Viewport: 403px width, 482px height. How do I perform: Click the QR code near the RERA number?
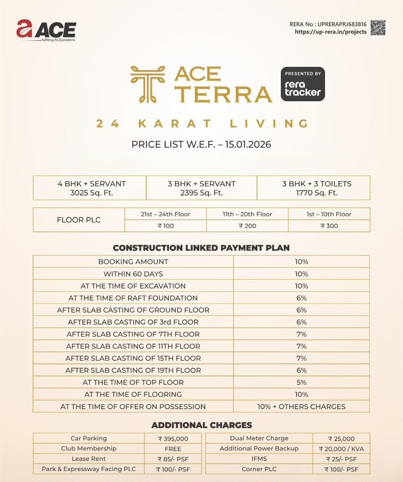pos(378,28)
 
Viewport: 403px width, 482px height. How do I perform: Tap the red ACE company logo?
pos(46,30)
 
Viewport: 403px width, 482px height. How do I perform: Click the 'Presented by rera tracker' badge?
pos(303,84)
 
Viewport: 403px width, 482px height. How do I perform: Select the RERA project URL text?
pos(330,32)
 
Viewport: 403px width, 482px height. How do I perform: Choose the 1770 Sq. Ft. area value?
pos(317,193)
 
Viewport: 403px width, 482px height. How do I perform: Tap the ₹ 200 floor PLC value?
pos(247,226)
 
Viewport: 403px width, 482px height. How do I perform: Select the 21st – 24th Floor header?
pos(165,214)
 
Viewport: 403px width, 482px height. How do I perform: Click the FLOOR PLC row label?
pos(79,220)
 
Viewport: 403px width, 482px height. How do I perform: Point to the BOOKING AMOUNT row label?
pos(133,262)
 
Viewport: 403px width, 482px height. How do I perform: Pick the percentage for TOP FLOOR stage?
pos(301,383)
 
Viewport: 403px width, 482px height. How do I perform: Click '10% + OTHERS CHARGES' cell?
pos(301,407)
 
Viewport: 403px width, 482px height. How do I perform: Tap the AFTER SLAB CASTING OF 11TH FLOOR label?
pos(133,346)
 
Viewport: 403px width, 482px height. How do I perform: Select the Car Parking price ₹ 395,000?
pos(173,439)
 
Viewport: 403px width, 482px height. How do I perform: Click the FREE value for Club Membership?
pos(173,449)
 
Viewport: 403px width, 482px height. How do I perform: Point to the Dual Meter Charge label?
pos(259,439)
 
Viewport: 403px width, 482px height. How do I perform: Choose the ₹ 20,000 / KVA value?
pos(341,449)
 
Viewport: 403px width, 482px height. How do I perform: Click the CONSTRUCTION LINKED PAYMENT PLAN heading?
pos(201,248)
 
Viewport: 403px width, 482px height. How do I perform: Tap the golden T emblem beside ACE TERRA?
pos(147,84)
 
